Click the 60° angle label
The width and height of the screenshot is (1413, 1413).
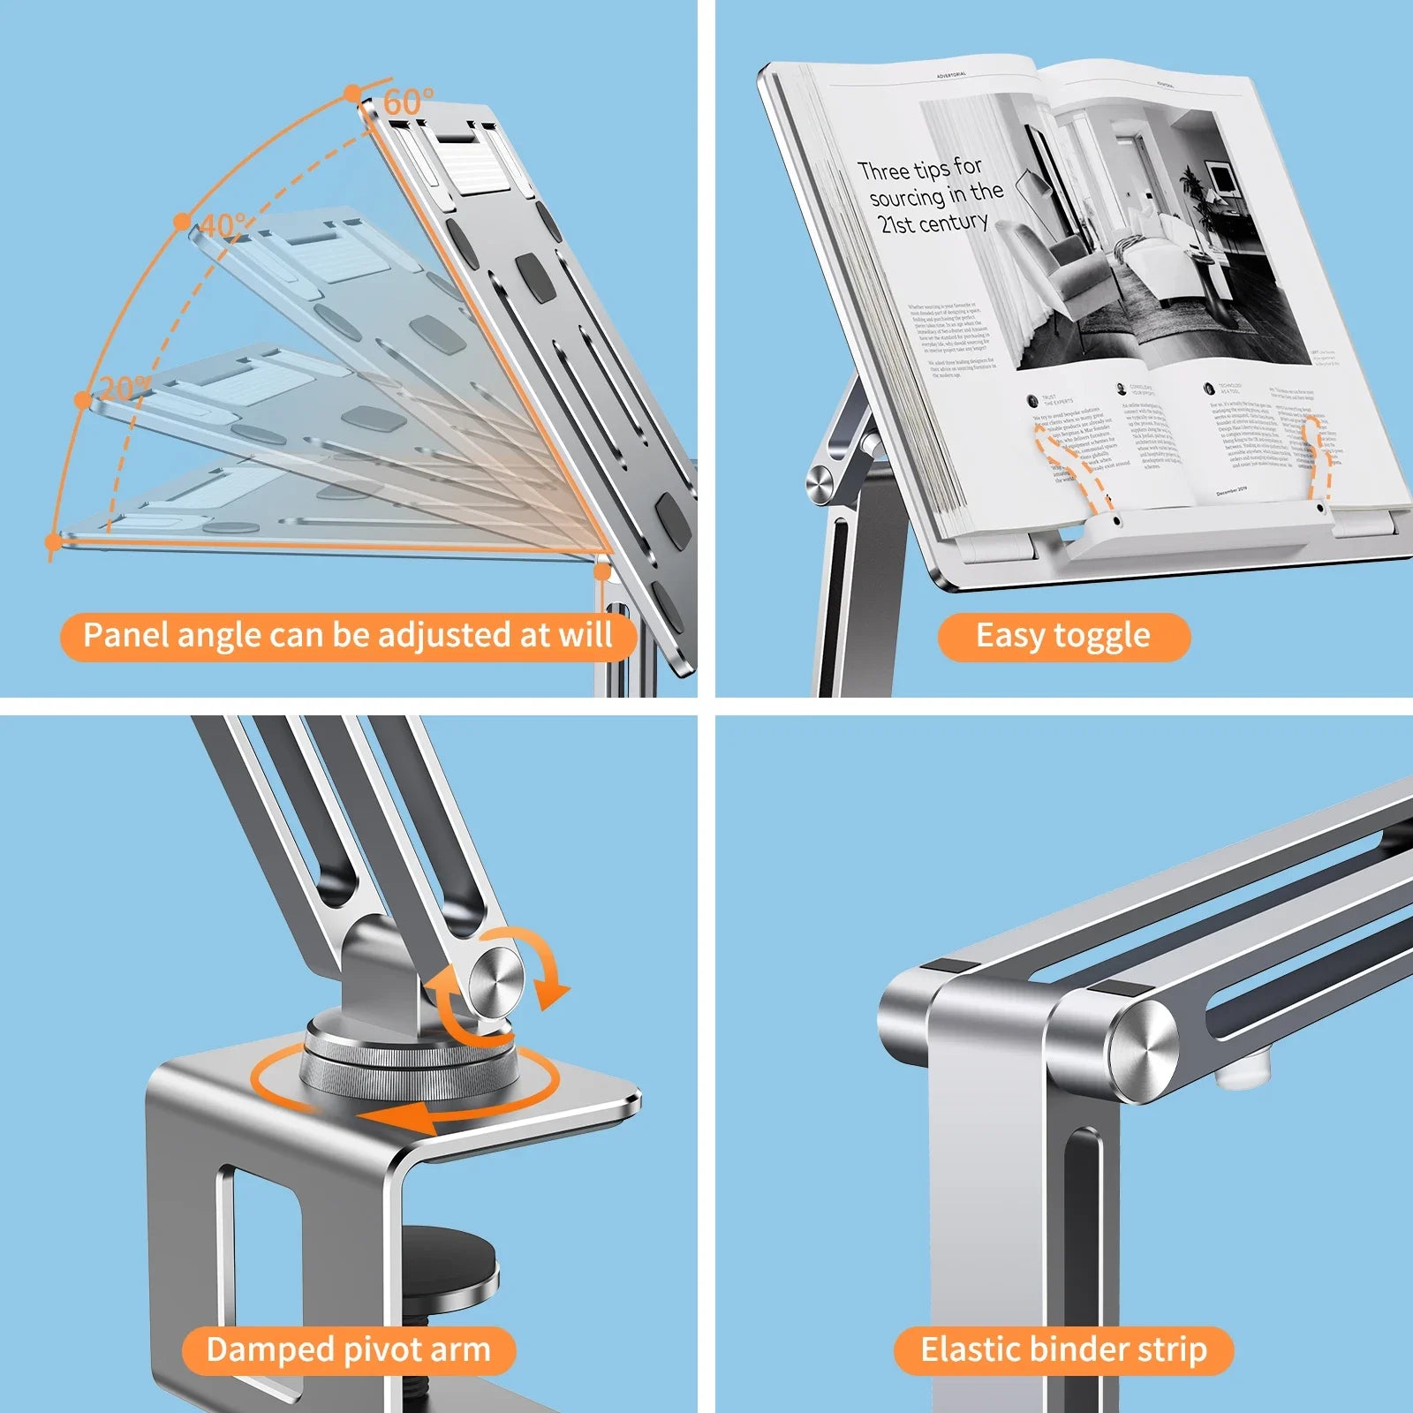tap(408, 102)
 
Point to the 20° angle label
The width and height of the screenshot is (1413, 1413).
tap(124, 389)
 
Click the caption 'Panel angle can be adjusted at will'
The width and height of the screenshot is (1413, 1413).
tap(348, 636)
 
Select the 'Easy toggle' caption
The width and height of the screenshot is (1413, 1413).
tap(1062, 636)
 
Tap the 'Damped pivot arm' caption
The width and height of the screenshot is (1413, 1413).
tap(348, 1349)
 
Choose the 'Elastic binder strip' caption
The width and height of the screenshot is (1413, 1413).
tap(1063, 1349)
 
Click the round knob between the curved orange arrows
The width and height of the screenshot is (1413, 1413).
tap(496, 980)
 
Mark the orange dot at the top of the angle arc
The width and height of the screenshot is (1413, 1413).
tap(353, 93)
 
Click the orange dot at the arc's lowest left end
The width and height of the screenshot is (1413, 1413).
tap(53, 540)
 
